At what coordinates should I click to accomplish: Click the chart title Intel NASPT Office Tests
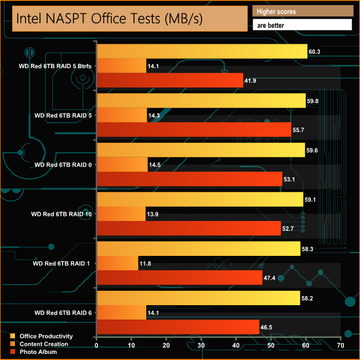click(109, 19)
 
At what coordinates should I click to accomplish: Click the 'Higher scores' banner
click(302, 11)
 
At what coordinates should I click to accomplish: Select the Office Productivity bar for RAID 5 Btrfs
click(202, 51)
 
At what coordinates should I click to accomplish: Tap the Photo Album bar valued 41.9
click(170, 81)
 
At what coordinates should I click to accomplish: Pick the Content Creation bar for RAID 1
click(117, 263)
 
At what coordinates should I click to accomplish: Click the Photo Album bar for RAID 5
click(194, 130)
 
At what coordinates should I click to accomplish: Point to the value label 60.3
click(315, 52)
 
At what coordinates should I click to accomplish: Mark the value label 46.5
click(268, 328)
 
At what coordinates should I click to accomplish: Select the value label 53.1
click(291, 179)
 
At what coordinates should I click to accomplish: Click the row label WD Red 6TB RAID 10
click(63, 214)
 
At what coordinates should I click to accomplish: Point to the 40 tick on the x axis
click(236, 346)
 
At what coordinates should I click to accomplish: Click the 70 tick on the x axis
click(341, 346)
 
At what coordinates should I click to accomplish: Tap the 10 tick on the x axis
click(131, 346)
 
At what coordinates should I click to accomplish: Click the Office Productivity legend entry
click(46, 336)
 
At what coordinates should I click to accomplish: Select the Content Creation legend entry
click(44, 344)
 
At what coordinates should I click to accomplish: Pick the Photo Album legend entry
click(39, 352)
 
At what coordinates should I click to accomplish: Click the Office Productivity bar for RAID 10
click(200, 199)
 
